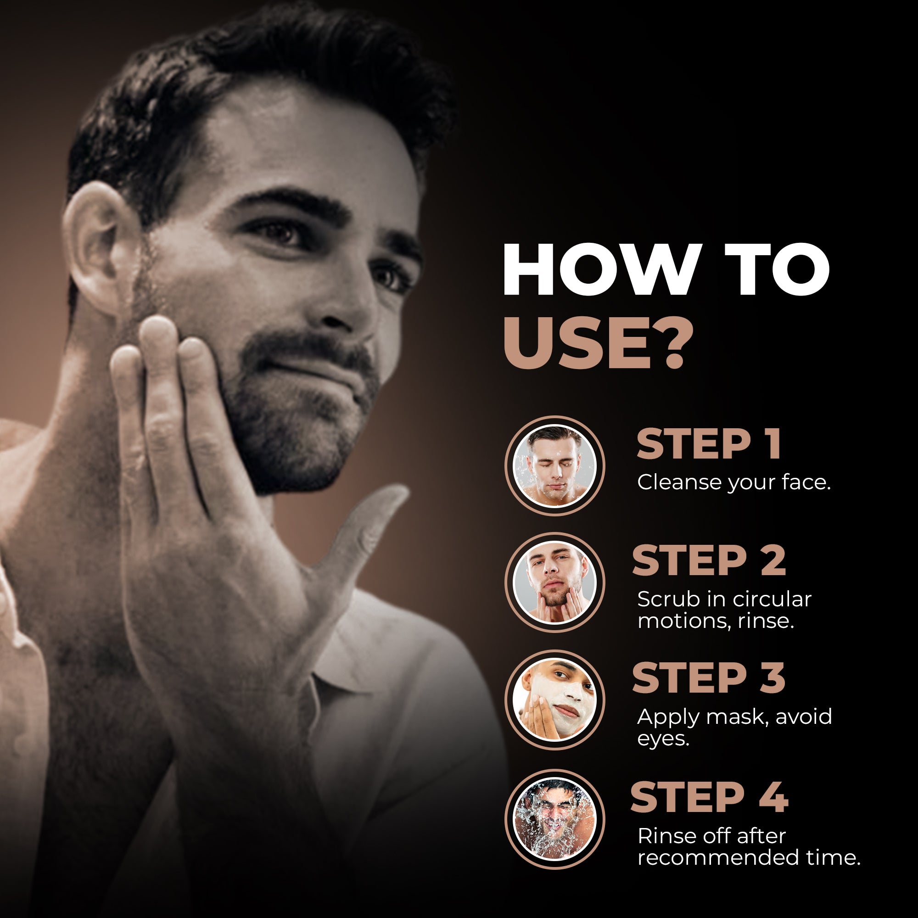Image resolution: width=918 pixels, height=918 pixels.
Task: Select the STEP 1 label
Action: [x=708, y=444]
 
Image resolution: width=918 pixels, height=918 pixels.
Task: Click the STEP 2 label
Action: [x=708, y=561]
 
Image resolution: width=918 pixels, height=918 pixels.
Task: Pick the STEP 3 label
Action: [x=708, y=678]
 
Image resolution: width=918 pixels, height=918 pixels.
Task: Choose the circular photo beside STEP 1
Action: [x=554, y=465]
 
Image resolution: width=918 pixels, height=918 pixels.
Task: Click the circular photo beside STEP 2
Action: [x=554, y=582]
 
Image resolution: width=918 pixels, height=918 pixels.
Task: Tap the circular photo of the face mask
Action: [x=554, y=700]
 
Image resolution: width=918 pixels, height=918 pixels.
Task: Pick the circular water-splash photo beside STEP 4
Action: [x=554, y=819]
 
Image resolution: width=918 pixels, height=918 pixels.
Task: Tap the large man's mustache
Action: [x=309, y=349]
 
